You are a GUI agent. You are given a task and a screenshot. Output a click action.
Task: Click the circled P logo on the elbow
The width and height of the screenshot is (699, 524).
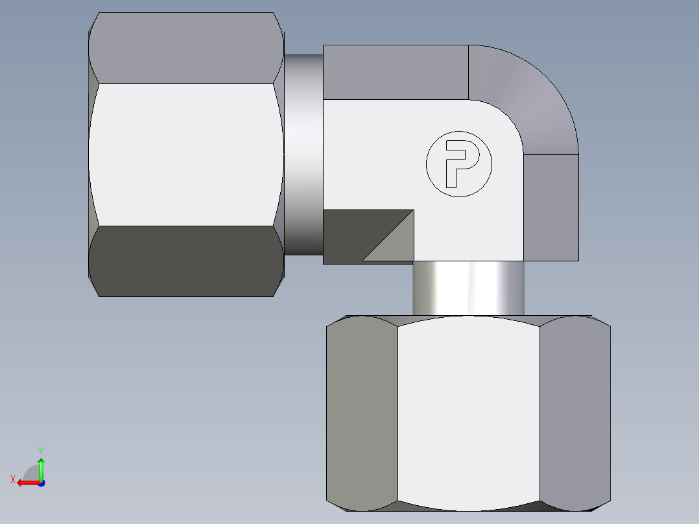click(458, 164)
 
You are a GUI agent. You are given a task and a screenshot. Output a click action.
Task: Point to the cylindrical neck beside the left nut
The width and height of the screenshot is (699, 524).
click(303, 154)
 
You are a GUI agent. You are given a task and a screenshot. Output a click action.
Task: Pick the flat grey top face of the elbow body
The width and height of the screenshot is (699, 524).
click(396, 72)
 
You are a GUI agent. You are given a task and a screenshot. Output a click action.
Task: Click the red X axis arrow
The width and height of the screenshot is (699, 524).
click(26, 482)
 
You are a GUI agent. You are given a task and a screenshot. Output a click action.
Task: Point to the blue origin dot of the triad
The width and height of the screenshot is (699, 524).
click(41, 483)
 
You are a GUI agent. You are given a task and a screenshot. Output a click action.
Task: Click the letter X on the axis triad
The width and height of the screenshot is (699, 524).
click(13, 479)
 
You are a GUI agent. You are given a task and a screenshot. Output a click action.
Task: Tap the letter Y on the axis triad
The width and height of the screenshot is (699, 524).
click(40, 450)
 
